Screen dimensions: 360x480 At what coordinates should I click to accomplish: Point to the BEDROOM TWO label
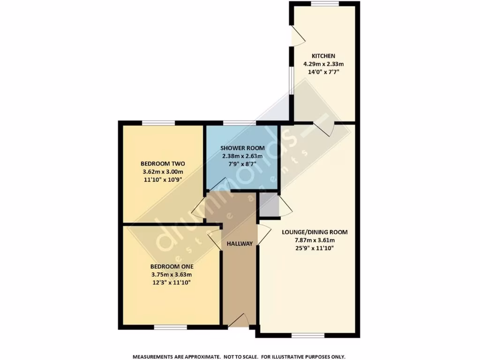(x=163, y=164)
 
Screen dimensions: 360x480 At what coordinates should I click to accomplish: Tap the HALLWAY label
(x=240, y=244)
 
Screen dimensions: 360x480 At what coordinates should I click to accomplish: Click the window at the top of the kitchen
(x=324, y=4)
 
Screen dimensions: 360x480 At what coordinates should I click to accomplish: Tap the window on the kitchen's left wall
(x=291, y=80)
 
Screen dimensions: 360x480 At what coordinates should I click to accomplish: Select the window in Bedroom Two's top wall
(x=158, y=123)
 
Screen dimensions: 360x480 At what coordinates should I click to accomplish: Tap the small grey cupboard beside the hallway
(x=268, y=205)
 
